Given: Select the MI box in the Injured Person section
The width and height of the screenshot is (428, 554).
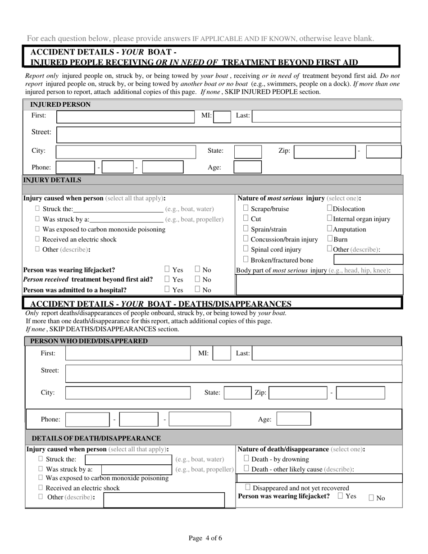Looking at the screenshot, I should point(222,117).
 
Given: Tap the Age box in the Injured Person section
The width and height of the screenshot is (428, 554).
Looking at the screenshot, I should point(247,167).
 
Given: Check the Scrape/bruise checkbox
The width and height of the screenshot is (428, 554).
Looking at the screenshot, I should point(246,208).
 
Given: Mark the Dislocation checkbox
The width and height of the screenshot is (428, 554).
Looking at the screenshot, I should point(329,208).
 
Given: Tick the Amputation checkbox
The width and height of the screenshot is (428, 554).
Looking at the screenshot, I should point(329,229).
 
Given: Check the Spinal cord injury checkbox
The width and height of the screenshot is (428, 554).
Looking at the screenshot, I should point(246,249).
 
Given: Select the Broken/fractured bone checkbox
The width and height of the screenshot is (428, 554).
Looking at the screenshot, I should point(246,259).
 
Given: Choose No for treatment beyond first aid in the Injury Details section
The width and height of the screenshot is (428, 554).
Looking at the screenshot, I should point(198,279).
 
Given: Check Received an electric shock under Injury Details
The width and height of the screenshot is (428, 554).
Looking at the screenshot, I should point(38,239).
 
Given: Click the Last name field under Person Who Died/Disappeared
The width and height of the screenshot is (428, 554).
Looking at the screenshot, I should point(327,354).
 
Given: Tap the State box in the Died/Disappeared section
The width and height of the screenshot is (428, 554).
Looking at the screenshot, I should point(237,393).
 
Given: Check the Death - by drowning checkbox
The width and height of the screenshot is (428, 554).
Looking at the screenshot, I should point(246,459).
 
